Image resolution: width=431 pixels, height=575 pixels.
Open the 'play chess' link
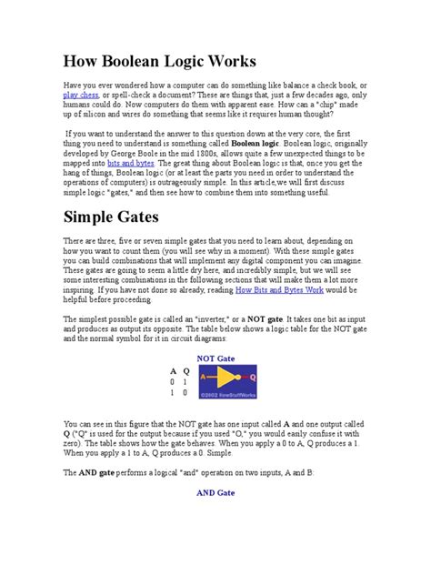click(x=81, y=95)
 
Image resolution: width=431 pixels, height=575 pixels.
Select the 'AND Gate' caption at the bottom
click(x=215, y=492)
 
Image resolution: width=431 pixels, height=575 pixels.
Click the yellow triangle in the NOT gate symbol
click(x=226, y=380)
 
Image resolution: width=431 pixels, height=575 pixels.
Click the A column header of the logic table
click(x=173, y=371)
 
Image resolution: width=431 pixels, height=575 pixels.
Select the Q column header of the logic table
click(x=186, y=371)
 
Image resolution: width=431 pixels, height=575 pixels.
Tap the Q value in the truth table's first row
click(x=186, y=382)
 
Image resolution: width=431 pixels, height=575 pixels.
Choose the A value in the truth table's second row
click(x=173, y=393)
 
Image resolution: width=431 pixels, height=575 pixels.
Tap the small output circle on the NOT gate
click(x=242, y=380)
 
